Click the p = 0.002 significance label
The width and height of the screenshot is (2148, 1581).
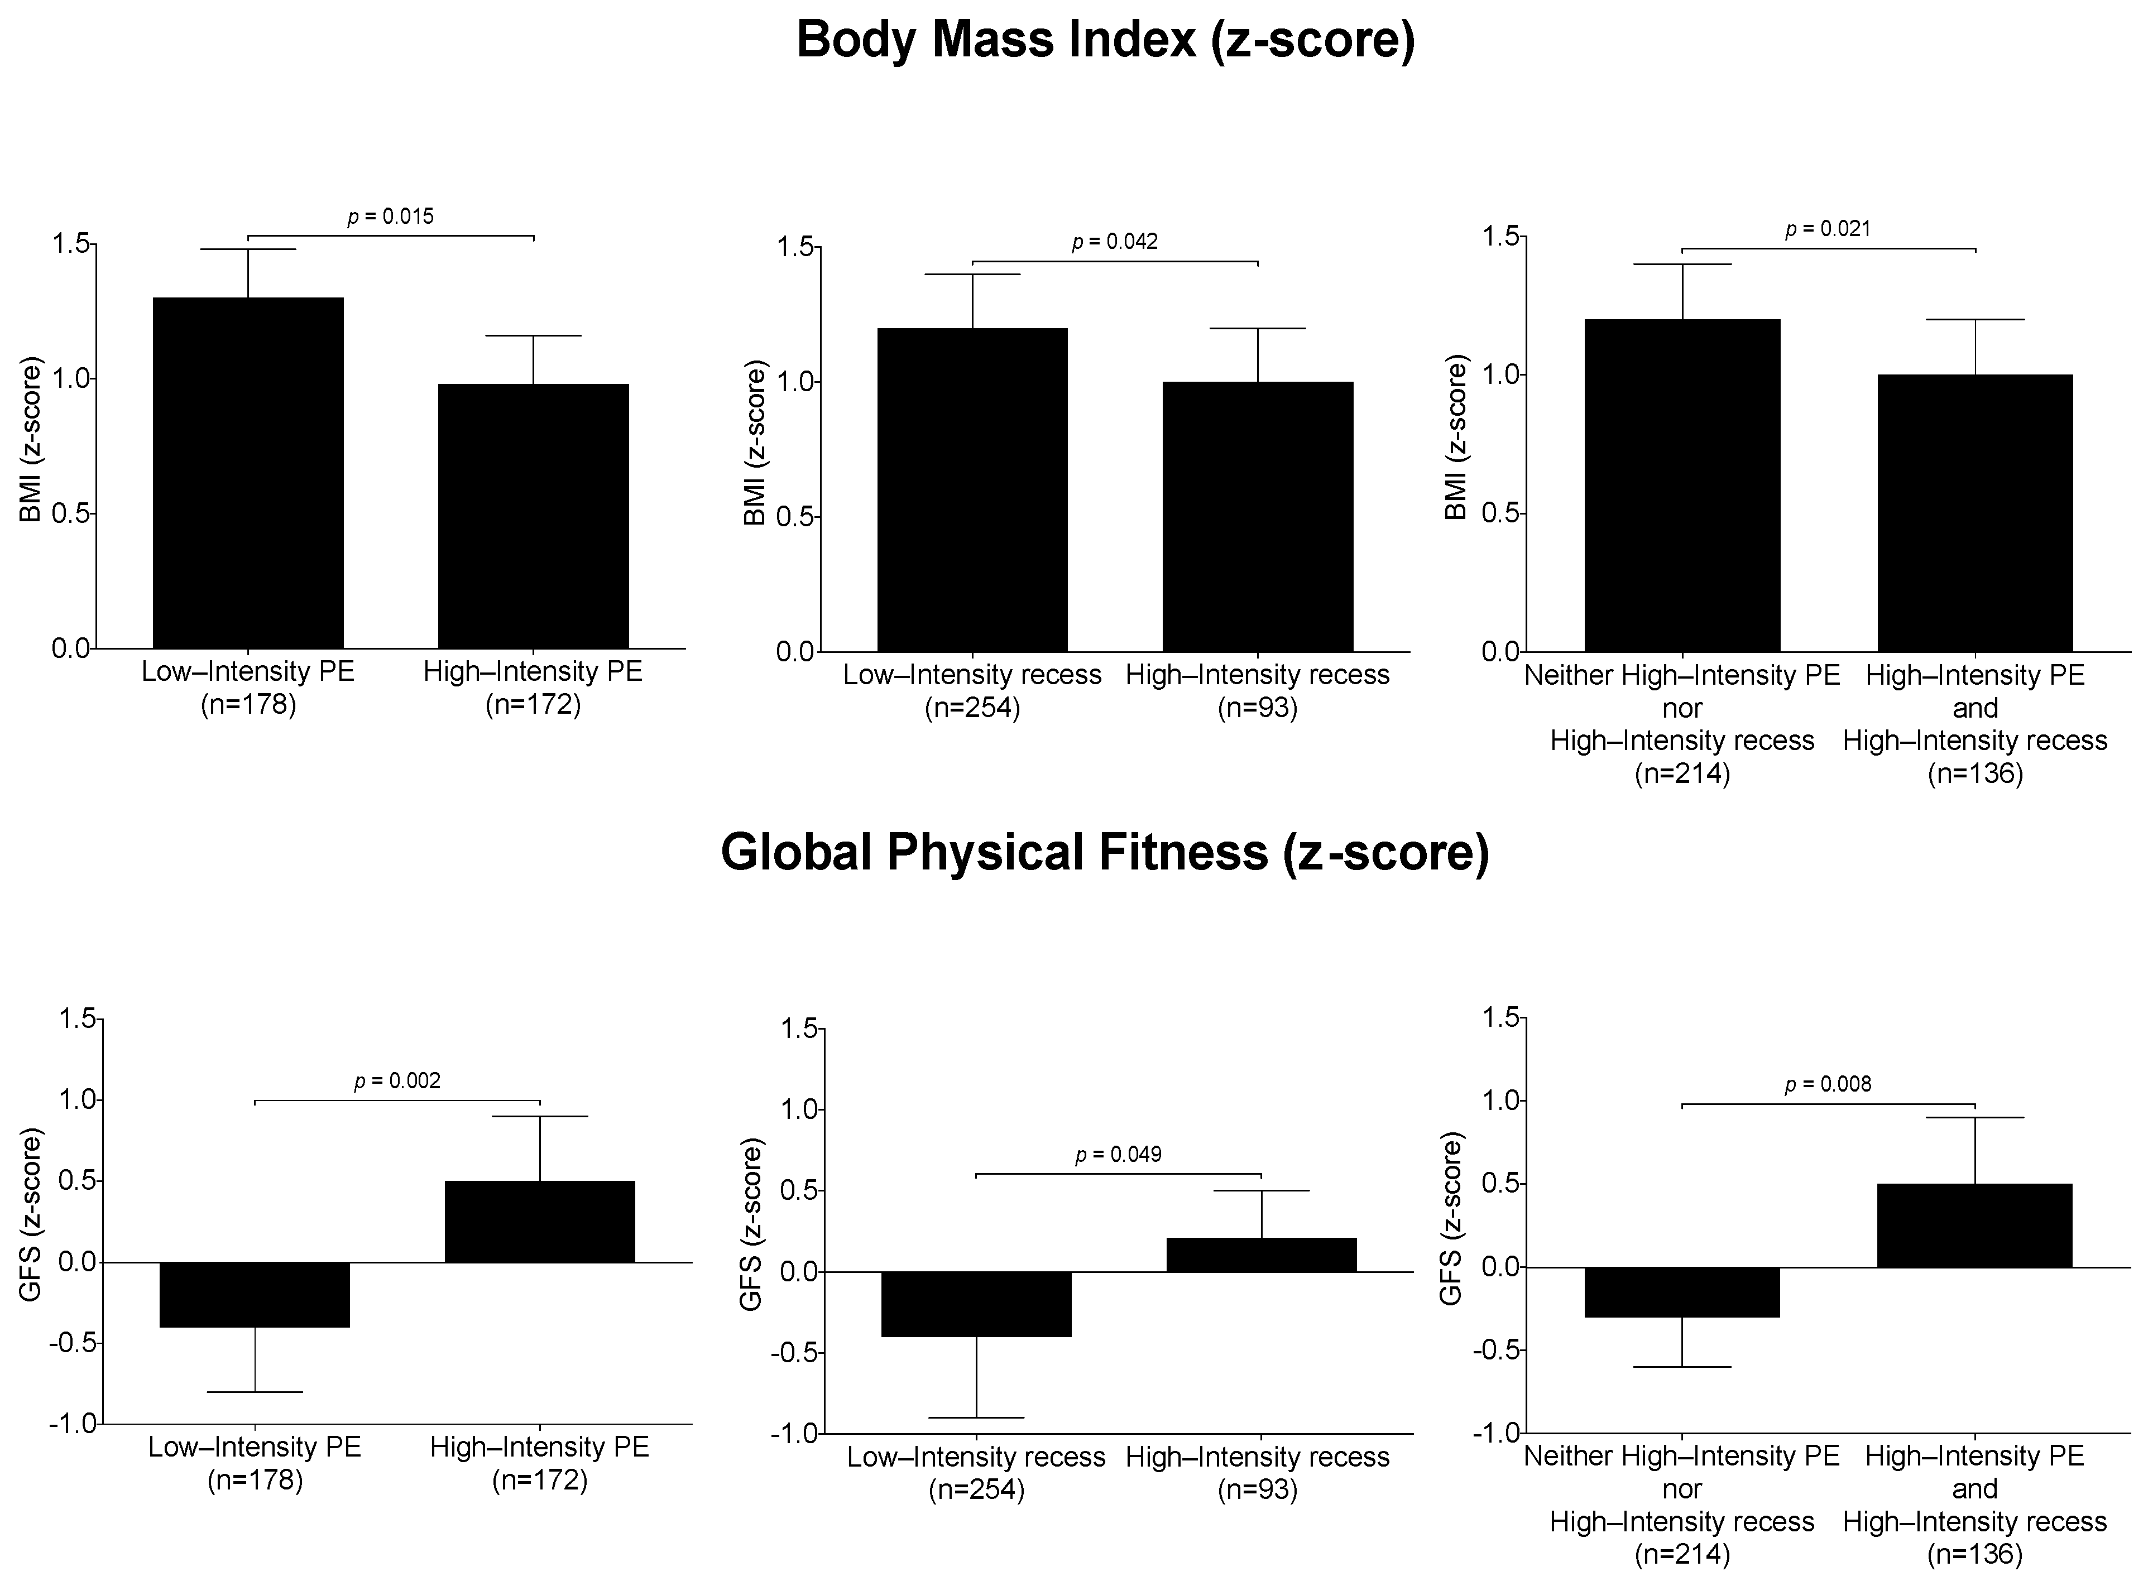(397, 1082)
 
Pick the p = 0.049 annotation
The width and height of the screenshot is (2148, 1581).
(1118, 1155)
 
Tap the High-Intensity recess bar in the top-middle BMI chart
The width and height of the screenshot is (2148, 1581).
(1258, 517)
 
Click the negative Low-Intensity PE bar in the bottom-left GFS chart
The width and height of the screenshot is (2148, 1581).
(255, 1294)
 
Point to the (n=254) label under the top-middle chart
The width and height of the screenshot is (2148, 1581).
(972, 709)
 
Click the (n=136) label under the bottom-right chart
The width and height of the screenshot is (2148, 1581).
(1975, 1554)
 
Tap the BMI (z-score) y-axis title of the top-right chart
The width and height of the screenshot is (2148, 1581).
(1455, 438)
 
